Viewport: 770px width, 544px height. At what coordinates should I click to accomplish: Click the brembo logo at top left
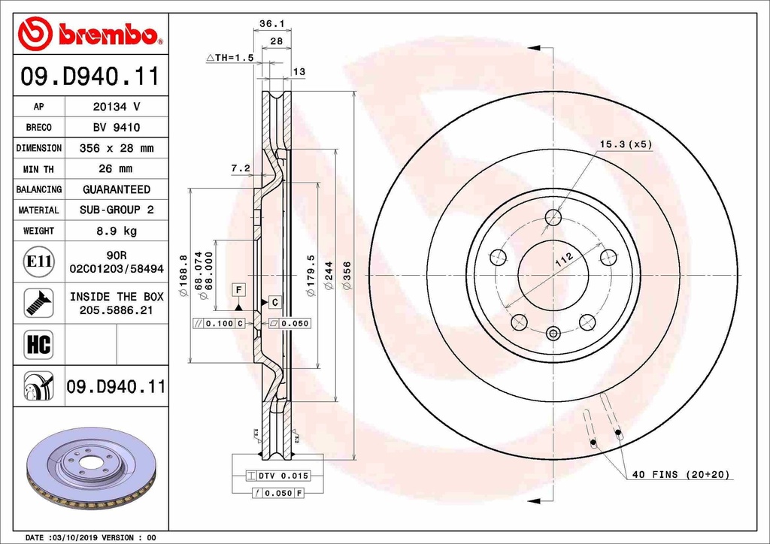tap(89, 35)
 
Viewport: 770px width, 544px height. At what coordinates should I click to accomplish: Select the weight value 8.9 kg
tap(117, 231)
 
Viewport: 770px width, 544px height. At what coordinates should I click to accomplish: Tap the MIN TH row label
tap(38, 169)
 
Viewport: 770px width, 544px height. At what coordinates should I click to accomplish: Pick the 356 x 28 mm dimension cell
tap(117, 148)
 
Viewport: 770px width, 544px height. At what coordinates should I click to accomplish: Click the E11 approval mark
tap(38, 261)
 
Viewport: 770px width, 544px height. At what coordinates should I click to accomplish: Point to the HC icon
tap(38, 345)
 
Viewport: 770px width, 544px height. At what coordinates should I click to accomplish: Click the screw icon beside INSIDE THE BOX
tap(38, 303)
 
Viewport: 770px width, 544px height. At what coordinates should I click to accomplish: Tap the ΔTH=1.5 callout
tap(229, 57)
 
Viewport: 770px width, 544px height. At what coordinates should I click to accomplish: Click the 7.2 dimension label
tap(240, 169)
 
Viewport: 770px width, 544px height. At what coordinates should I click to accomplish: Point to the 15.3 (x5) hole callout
tap(625, 144)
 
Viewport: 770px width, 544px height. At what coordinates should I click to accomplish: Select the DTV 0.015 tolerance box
tap(278, 476)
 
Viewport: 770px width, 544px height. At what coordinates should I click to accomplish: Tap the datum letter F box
tap(238, 289)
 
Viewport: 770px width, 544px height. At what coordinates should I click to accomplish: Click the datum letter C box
tap(275, 302)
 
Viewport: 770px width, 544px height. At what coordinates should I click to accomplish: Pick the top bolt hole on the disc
tap(553, 218)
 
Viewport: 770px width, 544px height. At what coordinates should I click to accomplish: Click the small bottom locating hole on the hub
tap(553, 333)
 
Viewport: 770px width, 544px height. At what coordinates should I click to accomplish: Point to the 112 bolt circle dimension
tap(563, 261)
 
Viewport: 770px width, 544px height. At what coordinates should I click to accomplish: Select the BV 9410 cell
tap(117, 128)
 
